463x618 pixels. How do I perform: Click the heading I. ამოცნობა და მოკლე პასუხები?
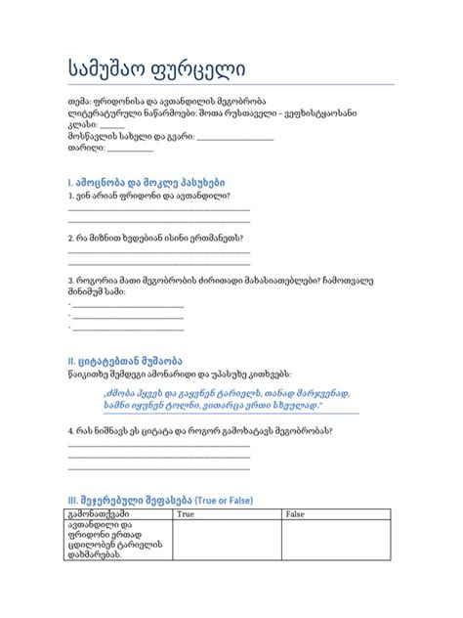147,182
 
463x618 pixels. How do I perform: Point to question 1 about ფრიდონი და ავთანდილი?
148,196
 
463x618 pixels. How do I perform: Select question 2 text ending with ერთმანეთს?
155,238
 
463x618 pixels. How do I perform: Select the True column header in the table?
186,514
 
